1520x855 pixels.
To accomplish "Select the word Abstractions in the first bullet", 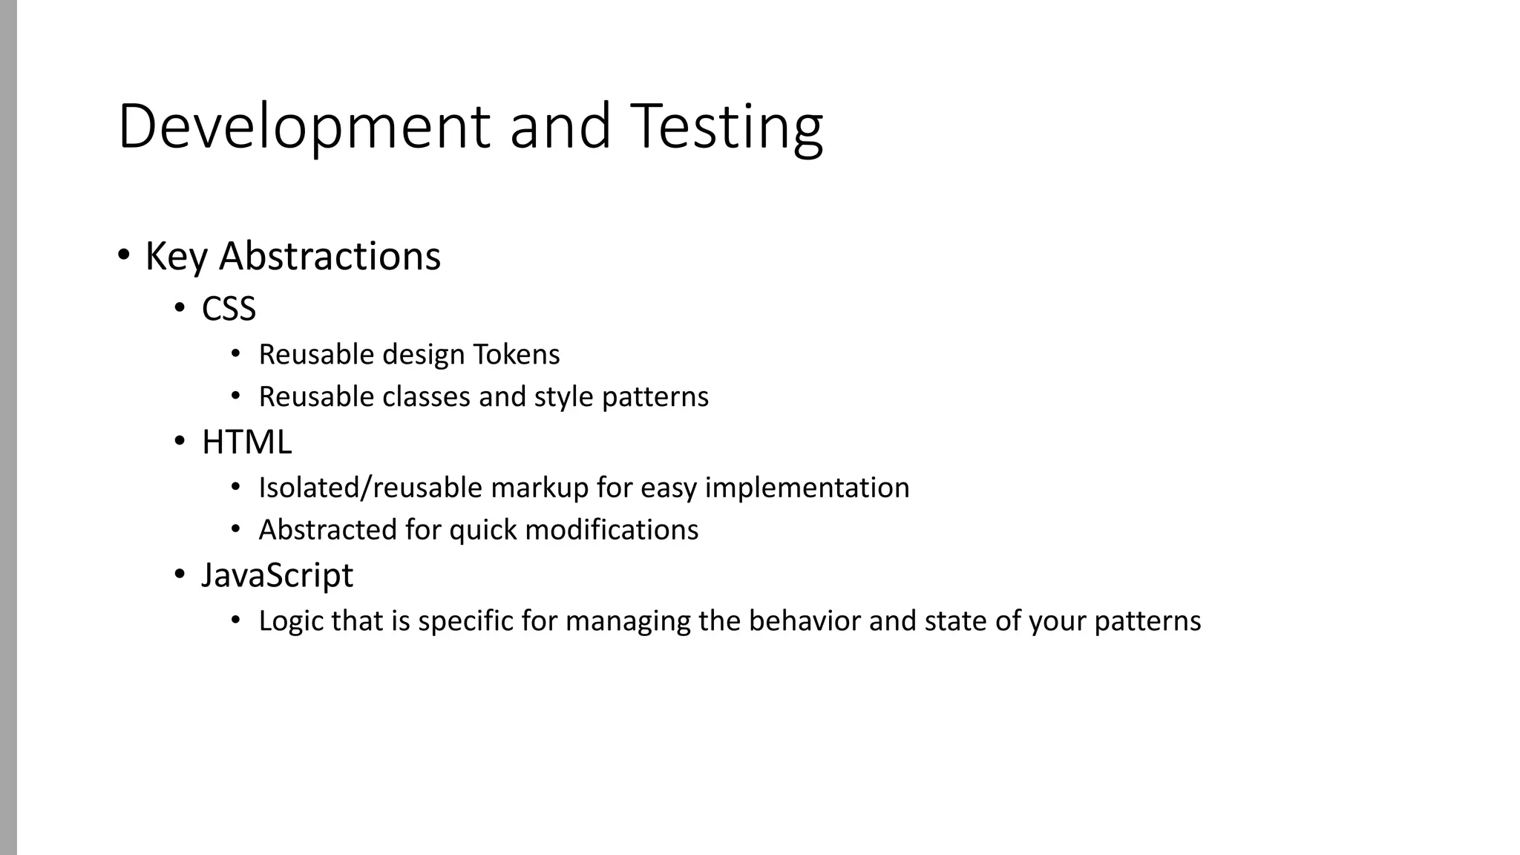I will click(x=330, y=256).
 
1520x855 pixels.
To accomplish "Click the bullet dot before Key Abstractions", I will click(x=124, y=255).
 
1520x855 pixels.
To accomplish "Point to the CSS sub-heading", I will click(x=229, y=309).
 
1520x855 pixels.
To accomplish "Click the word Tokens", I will click(x=517, y=355).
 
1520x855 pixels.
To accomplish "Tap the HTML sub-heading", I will click(x=246, y=442).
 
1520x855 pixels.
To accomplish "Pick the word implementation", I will click(x=807, y=488).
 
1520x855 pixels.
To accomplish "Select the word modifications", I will click(x=612, y=530).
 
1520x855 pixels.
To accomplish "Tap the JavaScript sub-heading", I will click(x=277, y=575).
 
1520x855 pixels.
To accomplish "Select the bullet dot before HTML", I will click(x=180, y=442).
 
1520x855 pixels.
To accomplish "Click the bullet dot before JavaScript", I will click(x=180, y=574).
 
